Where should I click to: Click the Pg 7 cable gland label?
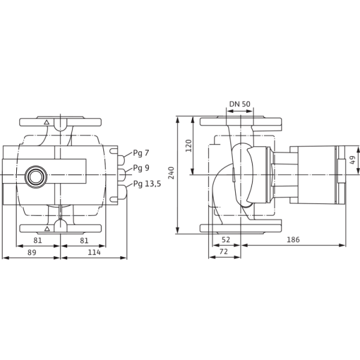[141, 153]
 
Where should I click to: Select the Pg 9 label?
[141, 168]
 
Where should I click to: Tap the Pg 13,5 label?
[147, 184]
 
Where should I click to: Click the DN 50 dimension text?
[239, 104]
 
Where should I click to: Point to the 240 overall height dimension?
[171, 173]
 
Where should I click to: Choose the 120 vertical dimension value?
[188, 146]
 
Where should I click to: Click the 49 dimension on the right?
[352, 160]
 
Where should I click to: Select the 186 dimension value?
[293, 239]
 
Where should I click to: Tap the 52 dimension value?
[226, 239]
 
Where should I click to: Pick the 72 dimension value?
[224, 251]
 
